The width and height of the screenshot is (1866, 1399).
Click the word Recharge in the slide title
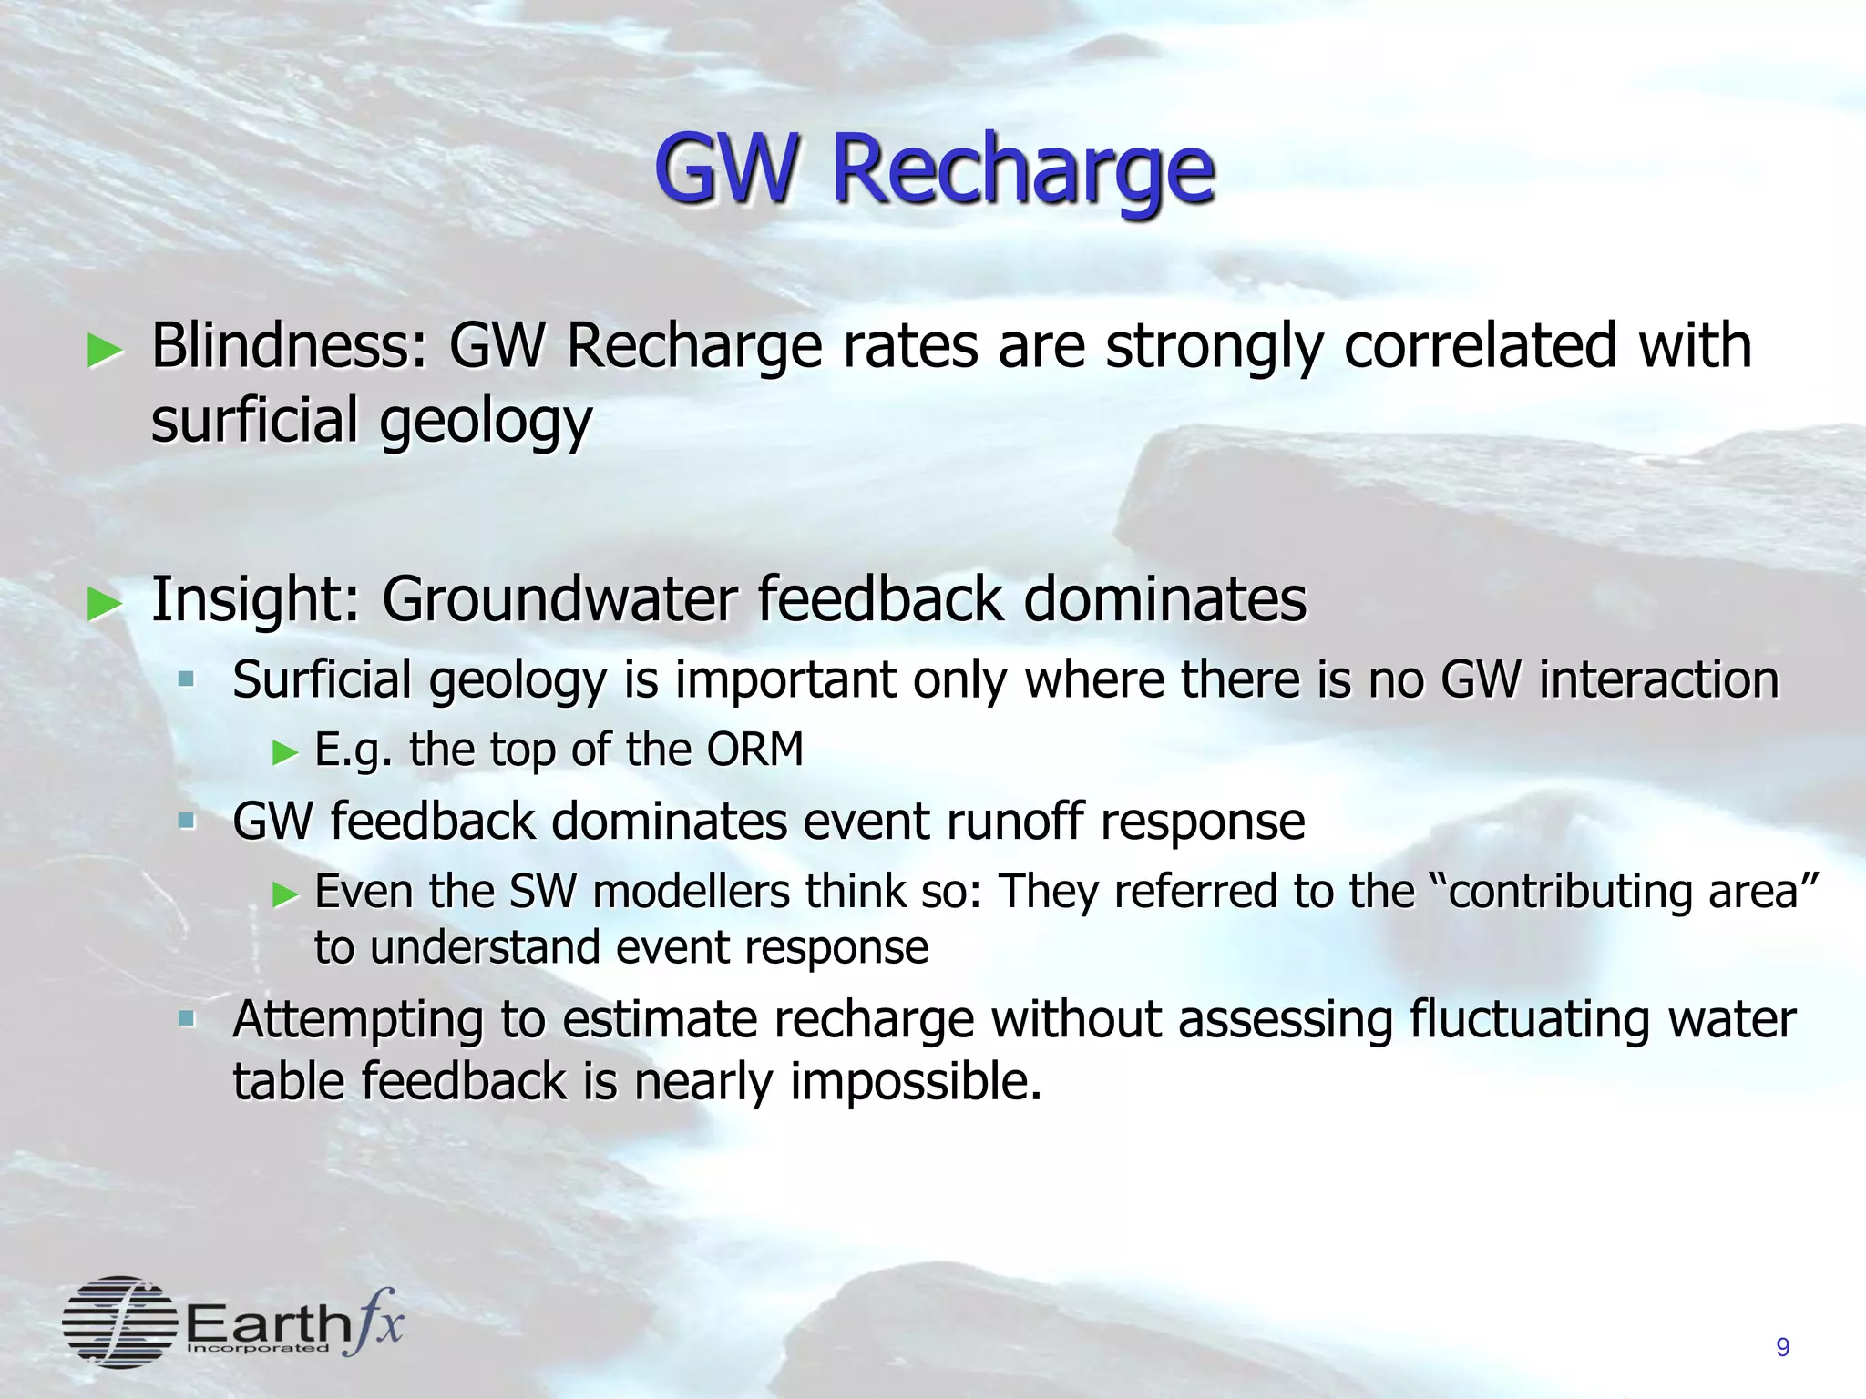1022,170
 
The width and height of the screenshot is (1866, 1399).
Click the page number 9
1783,1348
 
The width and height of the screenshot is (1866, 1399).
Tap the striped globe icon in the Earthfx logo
119,1322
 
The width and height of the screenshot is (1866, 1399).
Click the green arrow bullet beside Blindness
104,351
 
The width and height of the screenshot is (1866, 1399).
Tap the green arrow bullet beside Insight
104,603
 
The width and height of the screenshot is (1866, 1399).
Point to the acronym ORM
754,750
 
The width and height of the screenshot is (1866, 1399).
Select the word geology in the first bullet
486,423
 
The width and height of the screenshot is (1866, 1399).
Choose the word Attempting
357,1021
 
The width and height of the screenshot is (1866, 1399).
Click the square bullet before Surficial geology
186,679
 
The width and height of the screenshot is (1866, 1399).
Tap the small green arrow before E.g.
285,752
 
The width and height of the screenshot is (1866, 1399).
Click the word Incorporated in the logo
258,1348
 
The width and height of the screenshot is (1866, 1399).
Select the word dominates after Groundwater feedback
1165,599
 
